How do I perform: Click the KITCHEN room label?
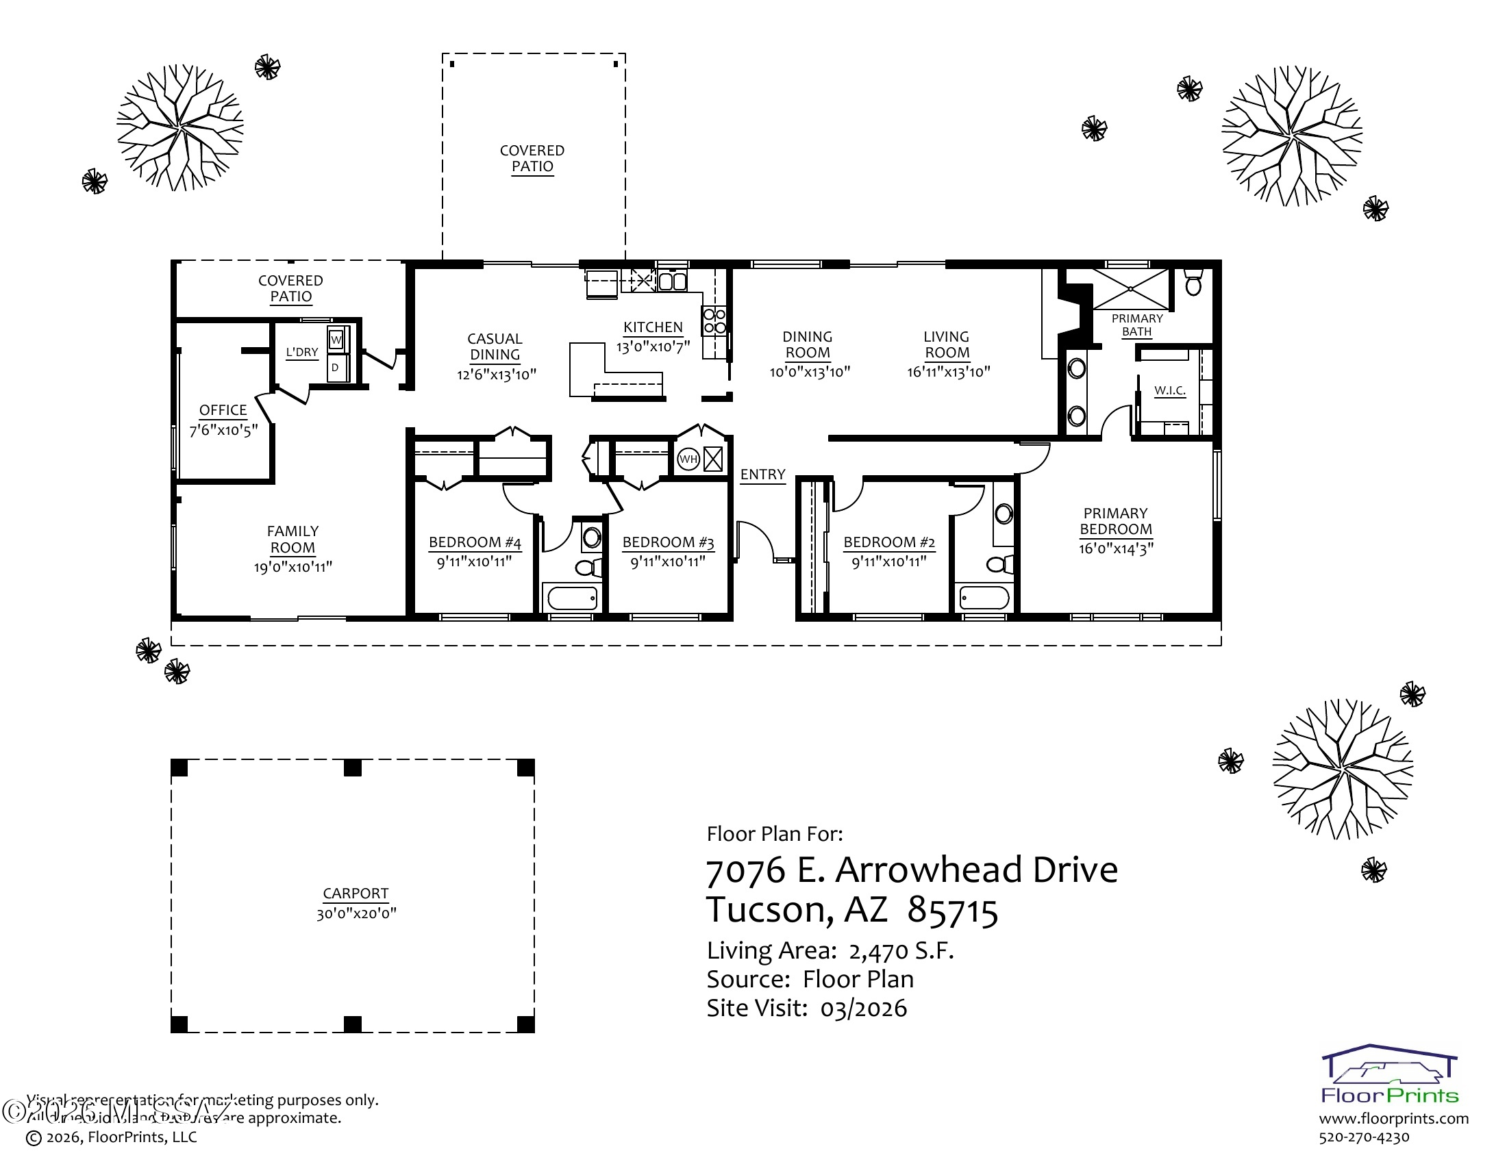click(653, 327)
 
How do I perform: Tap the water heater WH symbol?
click(688, 459)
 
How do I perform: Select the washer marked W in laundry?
click(336, 340)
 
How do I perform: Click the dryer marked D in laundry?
click(336, 368)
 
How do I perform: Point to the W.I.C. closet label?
click(1169, 390)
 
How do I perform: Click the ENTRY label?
click(762, 475)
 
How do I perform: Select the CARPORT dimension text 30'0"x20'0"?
click(356, 913)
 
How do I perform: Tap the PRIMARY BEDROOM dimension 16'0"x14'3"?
click(1116, 549)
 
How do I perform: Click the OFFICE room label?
click(223, 410)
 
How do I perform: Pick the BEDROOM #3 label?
click(668, 543)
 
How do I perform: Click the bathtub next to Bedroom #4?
click(572, 598)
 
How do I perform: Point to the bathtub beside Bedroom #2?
click(984, 598)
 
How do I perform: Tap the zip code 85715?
click(952, 910)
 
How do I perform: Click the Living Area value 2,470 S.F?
click(901, 951)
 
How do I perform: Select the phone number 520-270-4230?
click(1363, 1138)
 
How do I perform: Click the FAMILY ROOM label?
click(292, 540)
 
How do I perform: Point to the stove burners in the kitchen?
click(714, 320)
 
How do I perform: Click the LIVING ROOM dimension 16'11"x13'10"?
click(948, 372)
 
